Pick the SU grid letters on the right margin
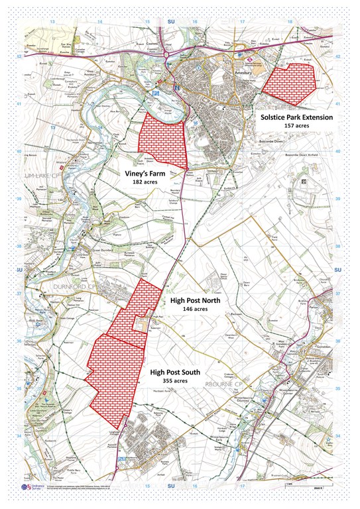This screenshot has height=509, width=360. [338, 270]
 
